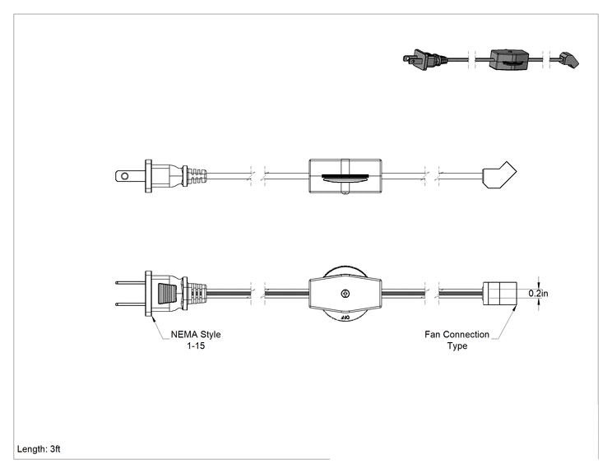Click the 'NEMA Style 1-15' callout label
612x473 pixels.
[196, 340]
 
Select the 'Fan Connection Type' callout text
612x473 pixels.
[457, 340]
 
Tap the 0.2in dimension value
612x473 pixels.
[538, 293]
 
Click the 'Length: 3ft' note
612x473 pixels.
[39, 449]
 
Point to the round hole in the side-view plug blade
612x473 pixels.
[124, 176]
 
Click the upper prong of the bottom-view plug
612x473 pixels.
[130, 282]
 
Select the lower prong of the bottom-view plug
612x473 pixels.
[130, 304]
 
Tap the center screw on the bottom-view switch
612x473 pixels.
[345, 294]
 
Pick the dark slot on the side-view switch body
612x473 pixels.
[345, 178]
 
